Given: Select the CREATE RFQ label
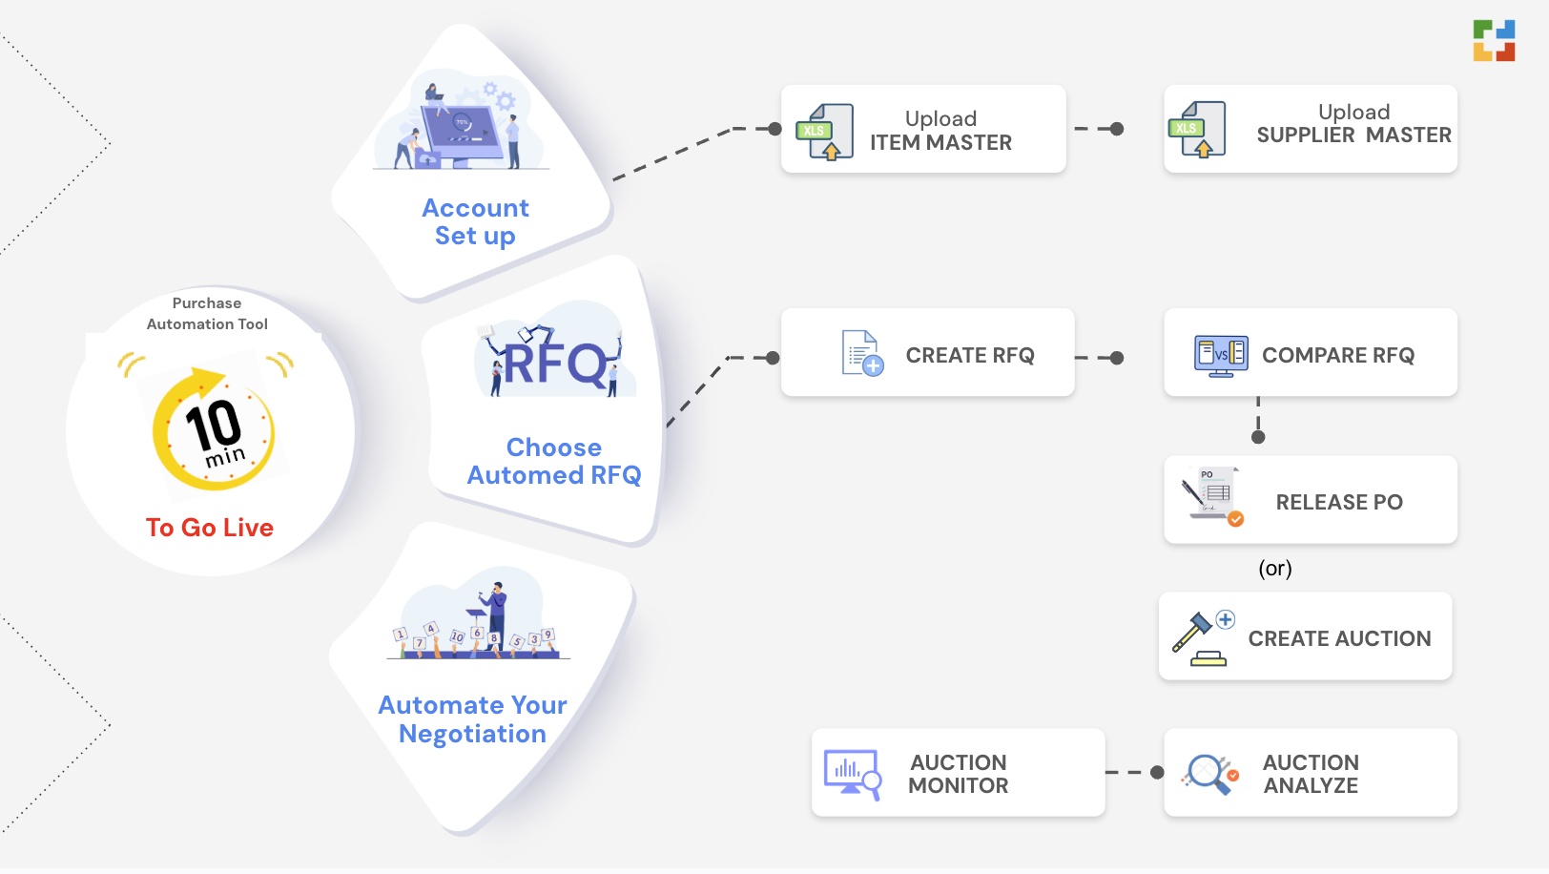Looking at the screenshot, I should [x=969, y=355].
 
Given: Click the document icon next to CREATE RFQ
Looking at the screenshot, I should [x=861, y=353].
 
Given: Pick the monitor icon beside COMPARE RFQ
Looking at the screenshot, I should [x=1221, y=355].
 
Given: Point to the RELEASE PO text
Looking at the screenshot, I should [x=1338, y=502].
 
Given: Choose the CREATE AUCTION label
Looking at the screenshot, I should [x=1339, y=638].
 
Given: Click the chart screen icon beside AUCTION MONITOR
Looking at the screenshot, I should [x=851, y=773].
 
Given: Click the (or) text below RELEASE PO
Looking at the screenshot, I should [x=1274, y=569].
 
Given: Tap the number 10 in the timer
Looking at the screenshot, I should [x=212, y=424].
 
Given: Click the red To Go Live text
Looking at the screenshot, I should [x=210, y=528].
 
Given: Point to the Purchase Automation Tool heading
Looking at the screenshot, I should [x=207, y=314].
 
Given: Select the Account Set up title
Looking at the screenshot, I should [x=475, y=221].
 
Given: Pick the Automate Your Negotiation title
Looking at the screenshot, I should [x=472, y=719].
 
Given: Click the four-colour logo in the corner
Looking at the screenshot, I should [x=1494, y=40].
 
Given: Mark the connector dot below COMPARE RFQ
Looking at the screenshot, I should [x=1258, y=437].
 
